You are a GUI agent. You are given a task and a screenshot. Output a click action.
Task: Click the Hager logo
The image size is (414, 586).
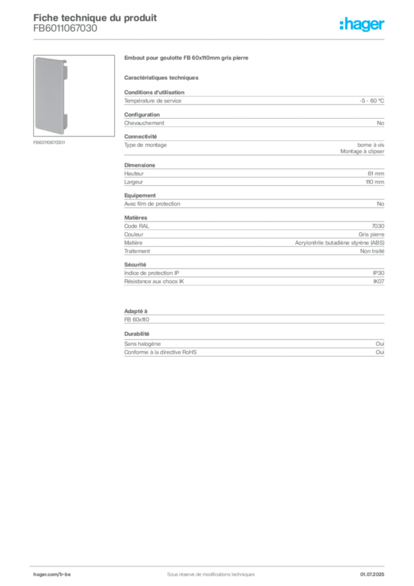coord(362,25)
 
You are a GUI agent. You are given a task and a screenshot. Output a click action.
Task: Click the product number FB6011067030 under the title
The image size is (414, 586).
coord(65,29)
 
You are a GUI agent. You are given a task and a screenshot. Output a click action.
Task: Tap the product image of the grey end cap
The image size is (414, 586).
coord(51,96)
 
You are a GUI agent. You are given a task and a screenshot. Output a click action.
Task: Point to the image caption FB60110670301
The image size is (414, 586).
coord(49,142)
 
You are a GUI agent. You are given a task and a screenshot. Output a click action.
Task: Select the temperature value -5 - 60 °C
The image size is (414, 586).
coord(372,101)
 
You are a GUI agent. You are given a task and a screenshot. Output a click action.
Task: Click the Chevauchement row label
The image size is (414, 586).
coord(144,123)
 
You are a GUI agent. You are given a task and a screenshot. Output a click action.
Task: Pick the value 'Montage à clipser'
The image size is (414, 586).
coord(362,151)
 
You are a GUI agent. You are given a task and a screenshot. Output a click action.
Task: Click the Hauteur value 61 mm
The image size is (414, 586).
coord(376,173)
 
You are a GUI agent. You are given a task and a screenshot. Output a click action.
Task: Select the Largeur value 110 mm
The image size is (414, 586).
coord(375,182)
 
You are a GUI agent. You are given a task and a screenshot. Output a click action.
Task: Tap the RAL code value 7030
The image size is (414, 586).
coord(378,226)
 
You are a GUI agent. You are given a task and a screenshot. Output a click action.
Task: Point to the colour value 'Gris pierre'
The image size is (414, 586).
coord(372,234)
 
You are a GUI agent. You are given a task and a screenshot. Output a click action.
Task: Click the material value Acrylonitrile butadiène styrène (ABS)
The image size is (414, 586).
coord(340,243)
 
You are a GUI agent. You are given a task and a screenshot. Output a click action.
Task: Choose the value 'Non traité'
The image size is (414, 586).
coord(372,251)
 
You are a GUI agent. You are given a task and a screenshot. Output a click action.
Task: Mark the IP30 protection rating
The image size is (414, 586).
coord(379,273)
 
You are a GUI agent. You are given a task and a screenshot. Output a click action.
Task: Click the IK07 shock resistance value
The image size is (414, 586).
coord(379,282)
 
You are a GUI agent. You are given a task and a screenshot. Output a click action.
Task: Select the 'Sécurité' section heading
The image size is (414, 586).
coord(135,264)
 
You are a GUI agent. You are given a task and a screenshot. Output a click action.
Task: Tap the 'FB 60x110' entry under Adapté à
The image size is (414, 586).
coord(137,319)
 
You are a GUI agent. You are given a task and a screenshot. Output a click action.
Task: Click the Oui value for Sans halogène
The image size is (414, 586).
coord(380,344)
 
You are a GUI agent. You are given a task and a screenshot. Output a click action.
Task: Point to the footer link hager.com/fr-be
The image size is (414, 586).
coord(52,575)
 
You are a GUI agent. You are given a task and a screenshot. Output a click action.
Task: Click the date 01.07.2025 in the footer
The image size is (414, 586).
coord(372,575)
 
